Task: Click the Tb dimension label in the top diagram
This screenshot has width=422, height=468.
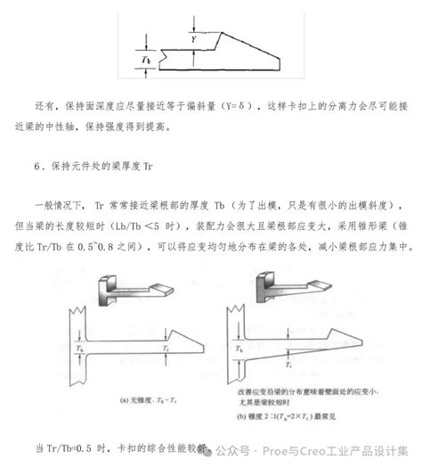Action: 148,59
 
